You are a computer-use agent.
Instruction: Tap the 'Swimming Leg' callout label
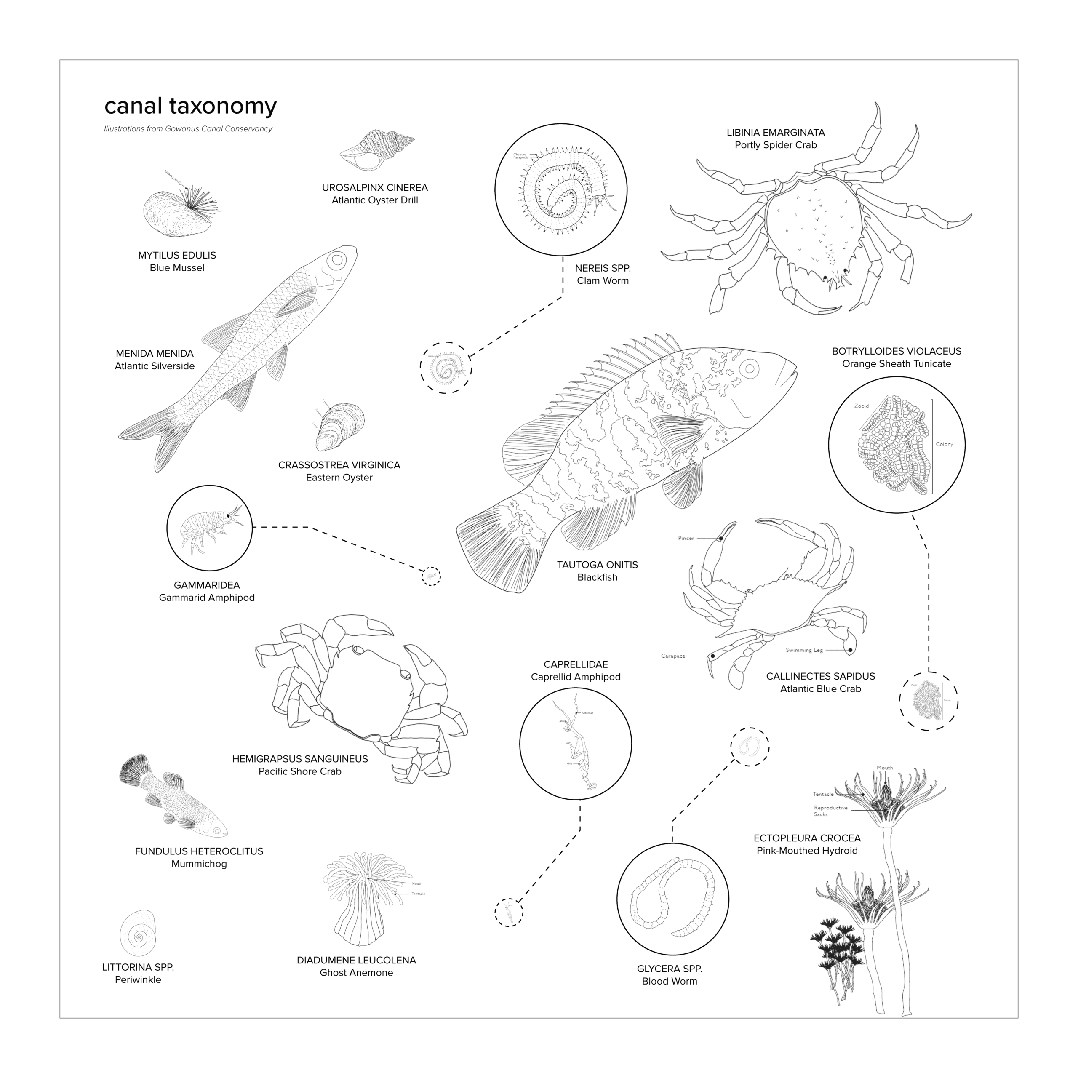click(804, 650)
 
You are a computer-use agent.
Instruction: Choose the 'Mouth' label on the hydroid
click(884, 768)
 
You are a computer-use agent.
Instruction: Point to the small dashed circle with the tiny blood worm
click(750, 747)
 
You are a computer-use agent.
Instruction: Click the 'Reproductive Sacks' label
click(830, 811)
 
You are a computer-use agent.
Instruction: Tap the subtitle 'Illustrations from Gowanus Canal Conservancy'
click(188, 129)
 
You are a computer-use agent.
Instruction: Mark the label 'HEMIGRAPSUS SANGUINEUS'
click(300, 759)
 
